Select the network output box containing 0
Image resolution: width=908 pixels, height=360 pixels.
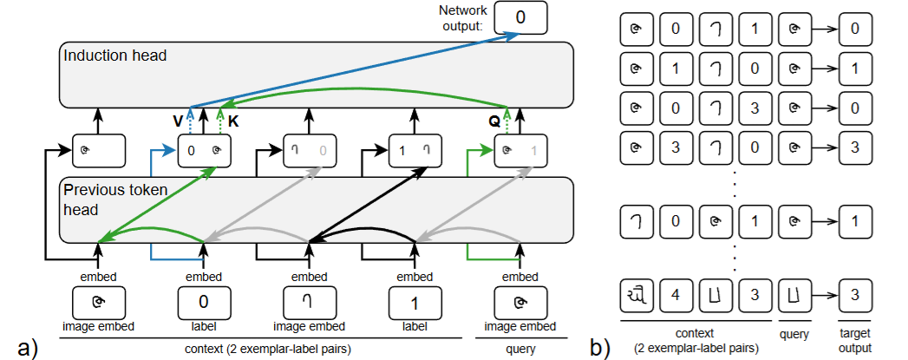pos(520,16)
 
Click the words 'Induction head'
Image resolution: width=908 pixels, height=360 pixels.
pos(115,56)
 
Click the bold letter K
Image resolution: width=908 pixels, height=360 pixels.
pos(232,121)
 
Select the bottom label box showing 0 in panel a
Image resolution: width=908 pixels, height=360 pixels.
pos(203,304)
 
